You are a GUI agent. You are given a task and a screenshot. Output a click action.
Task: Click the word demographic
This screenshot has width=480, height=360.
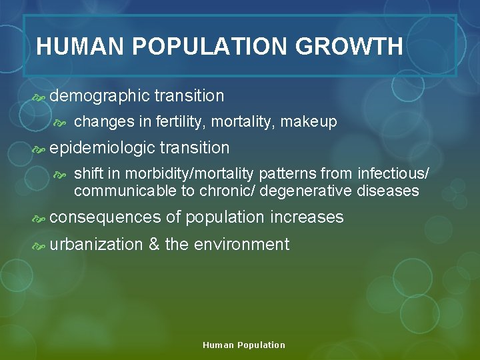(x=99, y=96)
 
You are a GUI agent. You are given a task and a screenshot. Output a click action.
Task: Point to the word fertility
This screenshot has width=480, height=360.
(x=177, y=122)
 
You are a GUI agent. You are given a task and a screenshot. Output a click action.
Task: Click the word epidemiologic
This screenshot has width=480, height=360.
(x=102, y=148)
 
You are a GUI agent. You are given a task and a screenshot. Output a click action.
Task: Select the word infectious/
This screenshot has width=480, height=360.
(x=393, y=175)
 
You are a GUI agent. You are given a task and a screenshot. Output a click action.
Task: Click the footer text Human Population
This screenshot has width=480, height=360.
(x=243, y=345)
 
